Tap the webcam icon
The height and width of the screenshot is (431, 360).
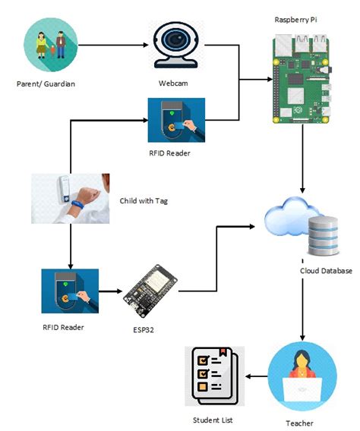[178, 45]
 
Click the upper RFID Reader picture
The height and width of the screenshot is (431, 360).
[176, 120]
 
